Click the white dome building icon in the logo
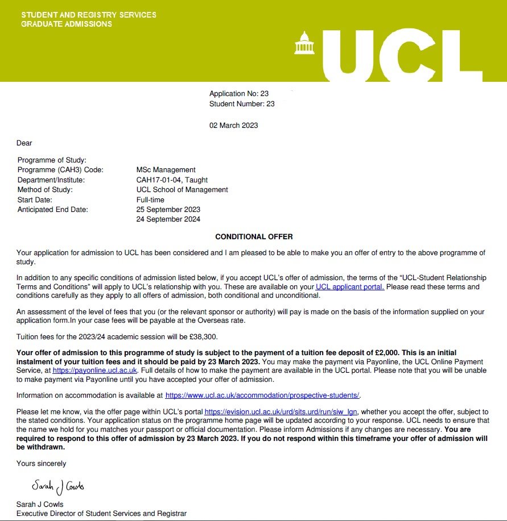304,43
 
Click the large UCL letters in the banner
401,52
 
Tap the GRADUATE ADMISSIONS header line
67,24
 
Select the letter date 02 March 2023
233,125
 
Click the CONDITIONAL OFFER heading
254,236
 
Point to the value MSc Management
166,169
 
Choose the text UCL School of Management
182,190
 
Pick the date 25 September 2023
168,210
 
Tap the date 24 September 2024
168,219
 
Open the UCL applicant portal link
350,287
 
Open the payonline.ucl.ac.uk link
95,370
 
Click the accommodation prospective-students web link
262,395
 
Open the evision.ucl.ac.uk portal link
282,412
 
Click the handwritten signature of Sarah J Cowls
58,487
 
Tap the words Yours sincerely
41,464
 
